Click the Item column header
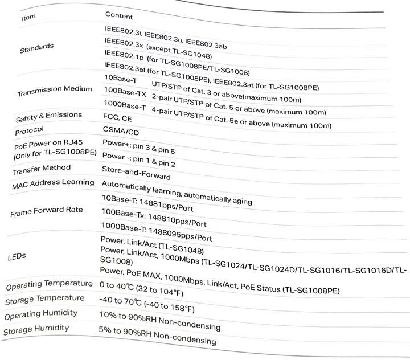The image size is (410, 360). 28,17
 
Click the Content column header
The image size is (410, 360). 119,16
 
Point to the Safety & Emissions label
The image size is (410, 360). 48,117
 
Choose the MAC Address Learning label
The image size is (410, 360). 53,184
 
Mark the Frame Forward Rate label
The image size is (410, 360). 47,212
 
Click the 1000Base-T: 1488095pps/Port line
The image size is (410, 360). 157,234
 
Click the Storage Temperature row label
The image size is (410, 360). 45,299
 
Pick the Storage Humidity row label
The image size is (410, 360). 36,329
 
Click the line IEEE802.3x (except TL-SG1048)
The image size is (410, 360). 158,51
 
